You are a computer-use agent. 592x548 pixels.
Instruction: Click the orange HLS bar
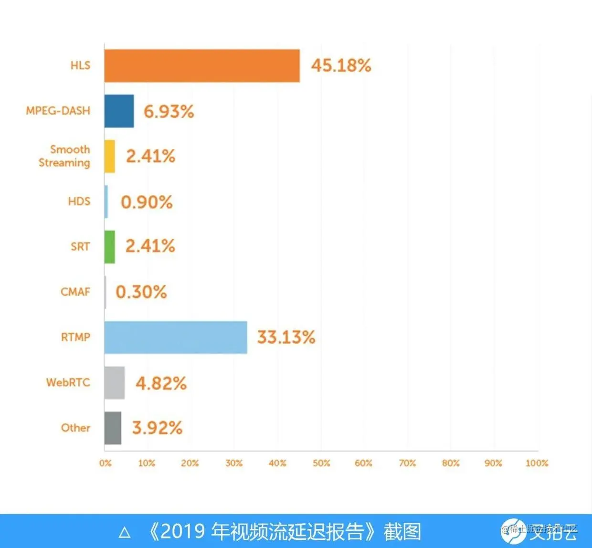click(x=202, y=66)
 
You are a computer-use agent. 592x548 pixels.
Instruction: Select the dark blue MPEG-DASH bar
click(x=119, y=111)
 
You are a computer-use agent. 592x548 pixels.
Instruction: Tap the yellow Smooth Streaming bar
click(x=110, y=157)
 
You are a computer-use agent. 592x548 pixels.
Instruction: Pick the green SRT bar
click(x=110, y=247)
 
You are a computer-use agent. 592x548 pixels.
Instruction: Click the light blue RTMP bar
click(x=176, y=337)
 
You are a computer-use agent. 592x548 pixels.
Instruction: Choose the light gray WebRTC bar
click(x=115, y=383)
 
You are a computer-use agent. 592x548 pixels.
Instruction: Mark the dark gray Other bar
click(x=113, y=428)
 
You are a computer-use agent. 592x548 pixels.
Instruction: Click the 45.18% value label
click(x=341, y=65)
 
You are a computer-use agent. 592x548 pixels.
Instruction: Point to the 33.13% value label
click(x=286, y=337)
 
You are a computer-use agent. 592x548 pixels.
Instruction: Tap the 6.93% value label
click(x=169, y=112)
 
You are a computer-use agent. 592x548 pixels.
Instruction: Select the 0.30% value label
click(x=141, y=292)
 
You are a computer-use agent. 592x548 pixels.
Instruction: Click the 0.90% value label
click(x=147, y=202)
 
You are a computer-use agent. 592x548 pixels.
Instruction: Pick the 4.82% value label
click(x=161, y=383)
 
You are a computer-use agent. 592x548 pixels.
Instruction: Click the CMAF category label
click(x=75, y=292)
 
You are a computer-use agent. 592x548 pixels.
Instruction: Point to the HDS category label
click(x=79, y=201)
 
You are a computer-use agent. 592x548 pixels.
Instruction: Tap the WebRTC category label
click(x=68, y=382)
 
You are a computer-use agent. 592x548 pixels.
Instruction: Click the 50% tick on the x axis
click(x=321, y=463)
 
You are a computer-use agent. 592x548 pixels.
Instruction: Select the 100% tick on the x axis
click(x=537, y=463)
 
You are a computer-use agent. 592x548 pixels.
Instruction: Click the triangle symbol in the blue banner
click(x=125, y=533)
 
